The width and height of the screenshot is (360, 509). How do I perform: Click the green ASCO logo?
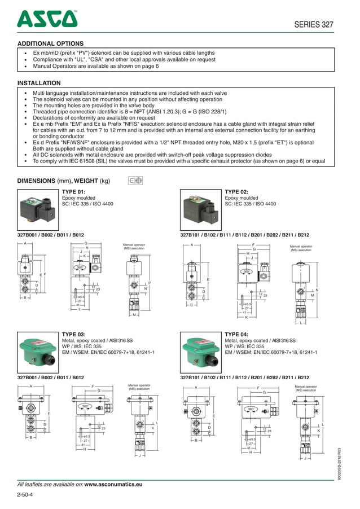tap(47, 19)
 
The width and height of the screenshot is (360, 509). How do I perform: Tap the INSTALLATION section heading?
tap(39, 83)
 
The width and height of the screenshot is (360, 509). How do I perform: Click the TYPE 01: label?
tap(73, 192)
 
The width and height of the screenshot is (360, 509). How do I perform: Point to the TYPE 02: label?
tap(237, 192)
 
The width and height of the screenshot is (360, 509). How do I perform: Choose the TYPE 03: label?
tap(73, 334)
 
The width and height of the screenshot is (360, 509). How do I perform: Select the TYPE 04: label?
tap(237, 334)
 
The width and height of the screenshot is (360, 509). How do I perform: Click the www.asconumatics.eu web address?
tap(113, 484)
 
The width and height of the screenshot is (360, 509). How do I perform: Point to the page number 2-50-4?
tap(25, 495)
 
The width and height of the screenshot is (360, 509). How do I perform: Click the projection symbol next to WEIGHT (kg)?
tap(135, 181)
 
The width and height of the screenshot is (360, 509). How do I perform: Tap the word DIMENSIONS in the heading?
tap(37, 181)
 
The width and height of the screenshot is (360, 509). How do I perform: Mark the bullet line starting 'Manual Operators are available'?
tap(96, 66)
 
